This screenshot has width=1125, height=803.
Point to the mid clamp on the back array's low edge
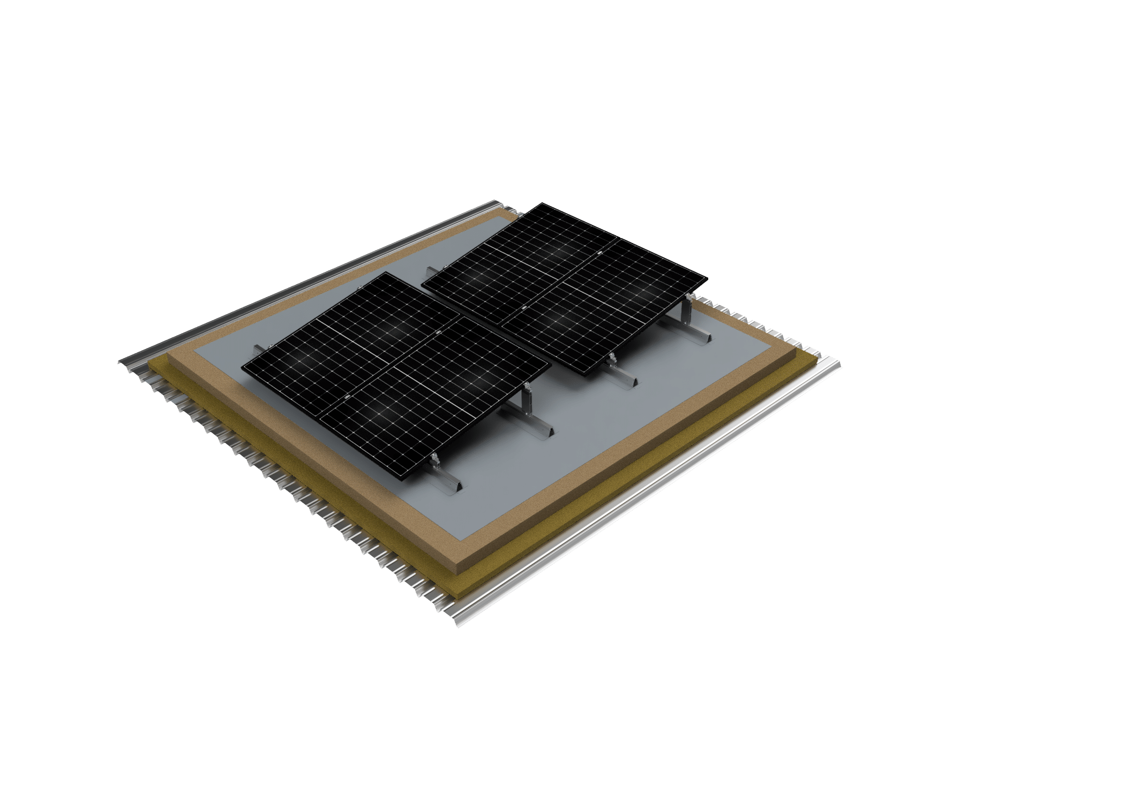pos(524,309)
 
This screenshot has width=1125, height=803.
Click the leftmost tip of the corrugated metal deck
pos(118,362)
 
